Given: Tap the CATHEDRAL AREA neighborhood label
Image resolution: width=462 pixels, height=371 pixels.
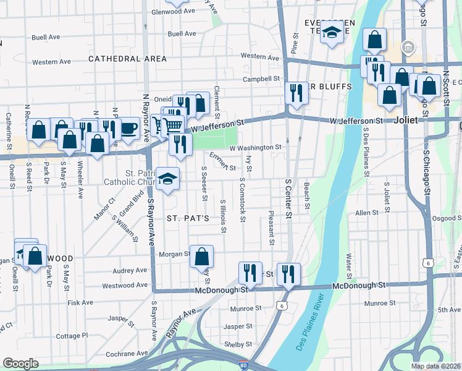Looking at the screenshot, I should pyautogui.click(x=127, y=59).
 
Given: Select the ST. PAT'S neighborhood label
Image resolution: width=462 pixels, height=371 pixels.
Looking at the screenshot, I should pyautogui.click(x=188, y=218).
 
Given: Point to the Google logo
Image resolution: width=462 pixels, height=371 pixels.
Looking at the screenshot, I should pyautogui.click(x=20, y=364).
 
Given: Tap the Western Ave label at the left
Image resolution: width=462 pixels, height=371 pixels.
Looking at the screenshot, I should pyautogui.click(x=52, y=62).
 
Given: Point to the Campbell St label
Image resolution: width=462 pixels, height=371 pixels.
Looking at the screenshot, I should pyautogui.click(x=261, y=79).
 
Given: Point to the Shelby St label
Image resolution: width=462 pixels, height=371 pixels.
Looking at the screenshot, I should pyautogui.click(x=238, y=344).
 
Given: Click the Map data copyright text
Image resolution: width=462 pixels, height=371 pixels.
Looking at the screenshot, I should pyautogui.click(x=436, y=366).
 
